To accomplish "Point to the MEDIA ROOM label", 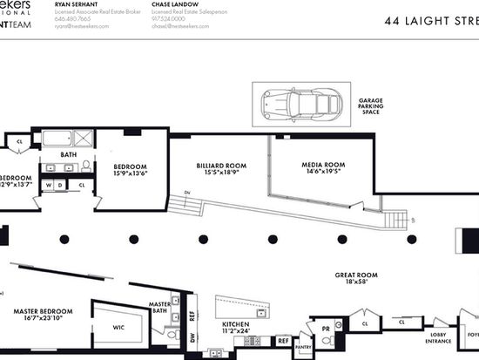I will [324, 165].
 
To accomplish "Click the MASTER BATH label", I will [160, 308].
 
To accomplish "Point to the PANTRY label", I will [302, 346].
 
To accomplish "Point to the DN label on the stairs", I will [187, 193].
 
